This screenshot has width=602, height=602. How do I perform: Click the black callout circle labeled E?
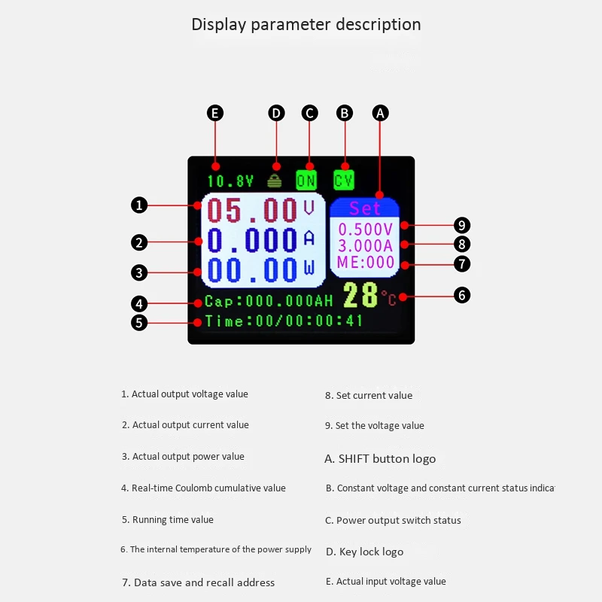[x=215, y=113]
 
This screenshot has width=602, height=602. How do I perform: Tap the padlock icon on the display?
[x=276, y=180]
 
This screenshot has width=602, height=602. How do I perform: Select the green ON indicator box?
[x=306, y=180]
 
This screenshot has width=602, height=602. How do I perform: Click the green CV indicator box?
[x=344, y=180]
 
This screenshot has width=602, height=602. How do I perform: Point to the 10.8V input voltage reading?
[x=230, y=181]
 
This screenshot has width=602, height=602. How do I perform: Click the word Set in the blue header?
[x=365, y=208]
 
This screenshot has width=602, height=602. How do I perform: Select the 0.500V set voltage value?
[x=365, y=229]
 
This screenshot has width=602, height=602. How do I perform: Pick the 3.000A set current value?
[x=365, y=245]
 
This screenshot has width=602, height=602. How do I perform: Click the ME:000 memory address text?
[x=366, y=262]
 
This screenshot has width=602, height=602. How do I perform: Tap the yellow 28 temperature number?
[x=360, y=295]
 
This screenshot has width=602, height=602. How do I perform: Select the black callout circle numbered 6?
[x=462, y=295]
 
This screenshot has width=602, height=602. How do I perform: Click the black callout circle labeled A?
[x=381, y=113]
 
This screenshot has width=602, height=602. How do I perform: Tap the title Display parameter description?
[x=306, y=24]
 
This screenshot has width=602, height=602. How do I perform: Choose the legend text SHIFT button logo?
[x=380, y=458]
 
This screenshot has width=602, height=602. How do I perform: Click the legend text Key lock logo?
[x=364, y=552]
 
